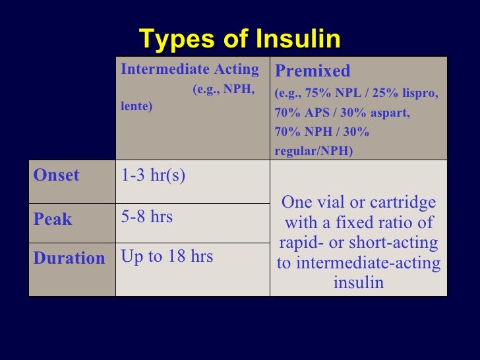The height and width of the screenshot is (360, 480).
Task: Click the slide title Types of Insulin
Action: (240, 40)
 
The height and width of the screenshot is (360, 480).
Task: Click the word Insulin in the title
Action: (298, 40)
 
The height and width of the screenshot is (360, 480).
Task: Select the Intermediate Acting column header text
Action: (190, 70)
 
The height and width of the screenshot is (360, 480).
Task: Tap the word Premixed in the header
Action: (313, 71)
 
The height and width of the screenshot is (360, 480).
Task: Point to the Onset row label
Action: (57, 175)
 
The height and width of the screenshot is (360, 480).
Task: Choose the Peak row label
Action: (53, 219)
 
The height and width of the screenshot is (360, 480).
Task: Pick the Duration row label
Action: (69, 258)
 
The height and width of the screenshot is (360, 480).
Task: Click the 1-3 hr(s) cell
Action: (153, 175)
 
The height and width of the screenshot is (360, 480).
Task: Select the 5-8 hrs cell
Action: (147, 216)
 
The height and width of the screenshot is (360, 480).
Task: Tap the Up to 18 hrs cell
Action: (167, 256)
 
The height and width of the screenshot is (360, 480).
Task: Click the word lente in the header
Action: (136, 105)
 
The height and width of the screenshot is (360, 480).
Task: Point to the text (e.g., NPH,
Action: (224, 89)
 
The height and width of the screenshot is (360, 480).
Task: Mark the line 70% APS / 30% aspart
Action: (342, 113)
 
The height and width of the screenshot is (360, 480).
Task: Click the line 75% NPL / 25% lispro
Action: (356, 94)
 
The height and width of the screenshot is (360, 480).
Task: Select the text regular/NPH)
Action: (314, 151)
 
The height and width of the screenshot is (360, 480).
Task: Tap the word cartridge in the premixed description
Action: (407, 203)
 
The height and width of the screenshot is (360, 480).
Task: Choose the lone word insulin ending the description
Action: (359, 283)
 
